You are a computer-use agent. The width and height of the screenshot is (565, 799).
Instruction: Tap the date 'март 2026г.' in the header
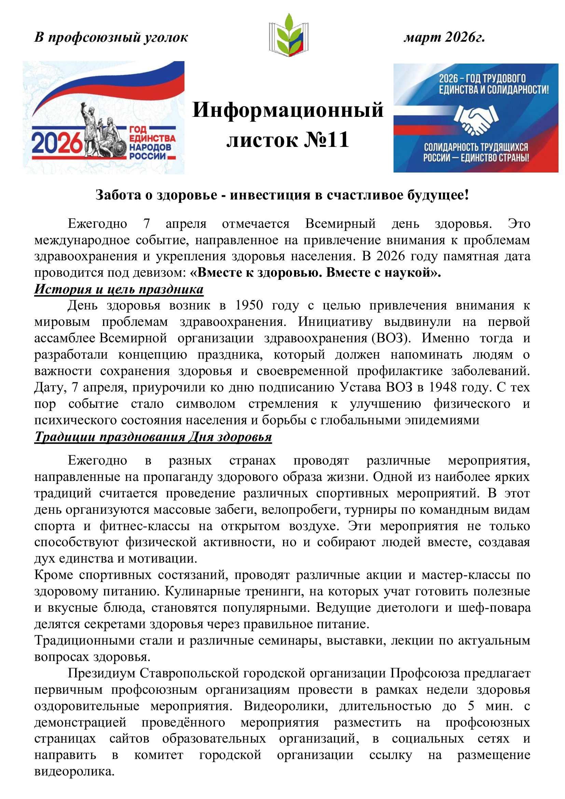coord(444,37)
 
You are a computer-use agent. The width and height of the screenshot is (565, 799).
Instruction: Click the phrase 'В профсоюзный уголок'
coord(111,38)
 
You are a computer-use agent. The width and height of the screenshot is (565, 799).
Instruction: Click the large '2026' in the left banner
coord(57,143)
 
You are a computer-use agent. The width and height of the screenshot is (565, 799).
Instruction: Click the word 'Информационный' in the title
coord(288,110)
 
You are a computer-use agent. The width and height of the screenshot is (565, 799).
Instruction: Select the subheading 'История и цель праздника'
coord(119,289)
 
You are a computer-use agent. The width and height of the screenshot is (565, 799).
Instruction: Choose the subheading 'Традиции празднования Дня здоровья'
coord(153,437)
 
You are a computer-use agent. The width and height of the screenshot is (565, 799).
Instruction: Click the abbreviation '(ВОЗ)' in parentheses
coord(391,338)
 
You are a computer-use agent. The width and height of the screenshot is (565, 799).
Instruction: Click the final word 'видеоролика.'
coord(74,772)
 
